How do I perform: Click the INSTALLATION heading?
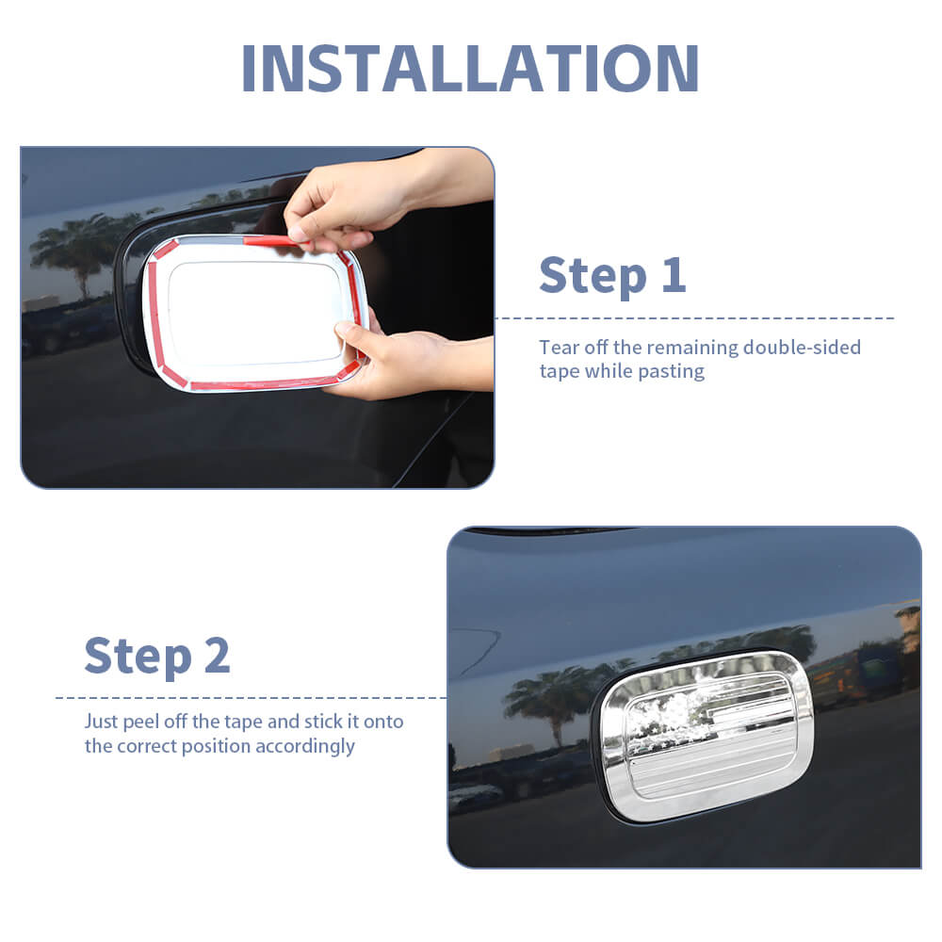pyautogui.click(x=470, y=69)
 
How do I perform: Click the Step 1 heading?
pyautogui.click(x=612, y=276)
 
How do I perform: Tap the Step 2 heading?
pyautogui.click(x=157, y=656)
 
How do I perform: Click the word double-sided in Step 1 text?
pyautogui.click(x=802, y=348)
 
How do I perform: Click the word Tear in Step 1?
pyautogui.click(x=560, y=348)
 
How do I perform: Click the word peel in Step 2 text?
pyautogui.click(x=140, y=722)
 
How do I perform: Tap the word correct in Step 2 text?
pyautogui.click(x=147, y=747)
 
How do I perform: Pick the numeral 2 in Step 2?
pyautogui.click(x=217, y=656)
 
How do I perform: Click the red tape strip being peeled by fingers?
pyautogui.click(x=273, y=241)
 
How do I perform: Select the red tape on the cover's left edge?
pyautogui.click(x=154, y=314)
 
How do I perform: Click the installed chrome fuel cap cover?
pyautogui.click(x=706, y=736)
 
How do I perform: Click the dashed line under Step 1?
pyautogui.click(x=694, y=318)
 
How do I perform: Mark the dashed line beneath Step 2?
pyautogui.click(x=252, y=698)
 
